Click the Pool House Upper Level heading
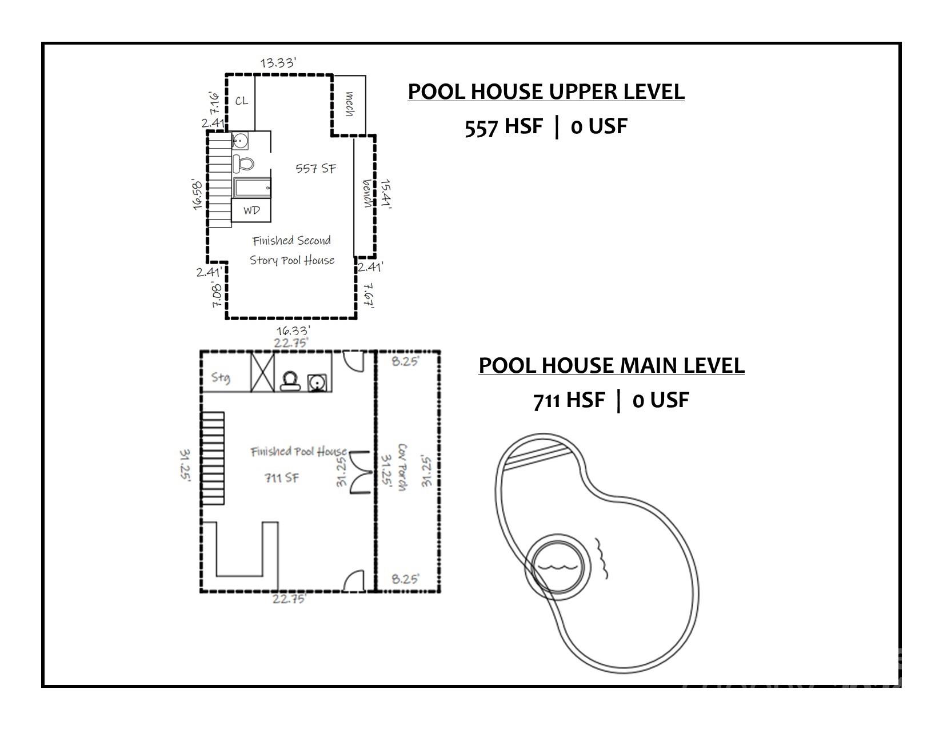pyautogui.click(x=546, y=91)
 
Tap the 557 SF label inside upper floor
pyautogui.click(x=315, y=168)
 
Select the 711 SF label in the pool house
pyautogui.click(x=281, y=478)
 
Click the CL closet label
pyautogui.click(x=242, y=101)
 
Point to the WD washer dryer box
pyautogui.click(x=251, y=210)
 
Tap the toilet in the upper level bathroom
pyautogui.click(x=243, y=164)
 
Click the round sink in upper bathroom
pyautogui.click(x=240, y=140)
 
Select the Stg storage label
pyautogui.click(x=221, y=377)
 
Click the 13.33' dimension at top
pyautogui.click(x=278, y=62)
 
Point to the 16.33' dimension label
pyautogui.click(x=293, y=330)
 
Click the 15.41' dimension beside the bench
pyautogui.click(x=386, y=194)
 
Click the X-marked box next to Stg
pyautogui.click(x=263, y=372)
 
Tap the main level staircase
pyautogui.click(x=213, y=458)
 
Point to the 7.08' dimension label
pyautogui.click(x=217, y=294)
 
